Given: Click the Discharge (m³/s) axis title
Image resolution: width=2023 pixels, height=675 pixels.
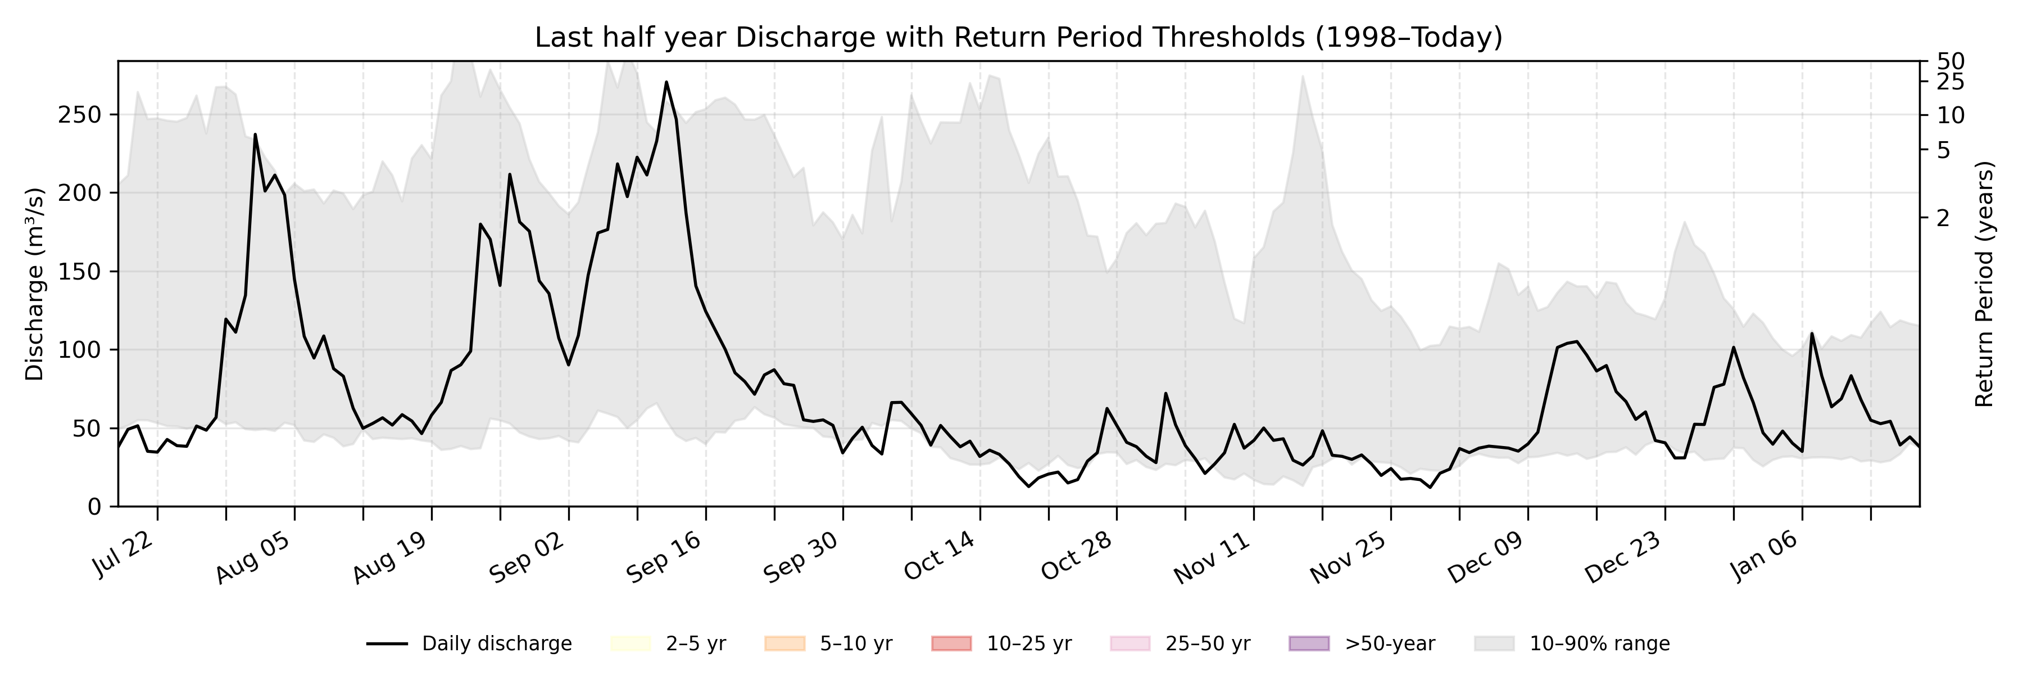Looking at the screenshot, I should coord(34,283).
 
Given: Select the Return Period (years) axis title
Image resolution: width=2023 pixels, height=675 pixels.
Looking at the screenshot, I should coord(1985,283).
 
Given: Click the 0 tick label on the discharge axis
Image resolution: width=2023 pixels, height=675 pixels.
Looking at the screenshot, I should coord(94,507).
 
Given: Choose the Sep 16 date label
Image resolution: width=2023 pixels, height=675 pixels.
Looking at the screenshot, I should coord(664,556).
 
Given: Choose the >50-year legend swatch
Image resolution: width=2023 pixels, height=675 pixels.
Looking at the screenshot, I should coord(1309,643).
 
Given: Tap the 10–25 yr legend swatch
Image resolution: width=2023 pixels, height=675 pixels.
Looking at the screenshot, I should coord(951,643).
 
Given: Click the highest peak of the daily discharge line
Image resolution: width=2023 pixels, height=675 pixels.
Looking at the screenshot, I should coord(666,82).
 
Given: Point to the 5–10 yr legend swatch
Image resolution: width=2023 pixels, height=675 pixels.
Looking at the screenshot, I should coord(784,643).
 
